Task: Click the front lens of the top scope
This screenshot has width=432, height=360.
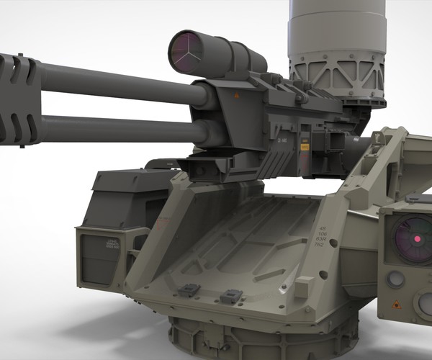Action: [188, 54]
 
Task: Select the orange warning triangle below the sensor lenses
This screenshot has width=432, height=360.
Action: [395, 305]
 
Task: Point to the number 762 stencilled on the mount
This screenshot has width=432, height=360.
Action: [318, 246]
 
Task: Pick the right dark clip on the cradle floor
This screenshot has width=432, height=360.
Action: [230, 294]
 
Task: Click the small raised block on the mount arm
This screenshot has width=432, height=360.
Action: [303, 286]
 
